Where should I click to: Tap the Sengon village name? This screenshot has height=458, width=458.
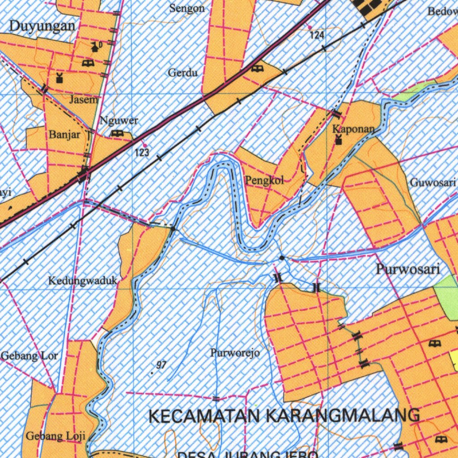point(187,8)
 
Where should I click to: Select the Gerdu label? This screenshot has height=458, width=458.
point(183,72)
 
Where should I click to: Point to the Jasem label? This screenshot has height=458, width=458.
point(83,100)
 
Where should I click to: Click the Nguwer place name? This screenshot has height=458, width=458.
point(119,120)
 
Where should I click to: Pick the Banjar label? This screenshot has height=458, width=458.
point(65,134)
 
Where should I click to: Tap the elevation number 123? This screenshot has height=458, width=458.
point(142,153)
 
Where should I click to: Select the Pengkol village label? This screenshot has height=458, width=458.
point(264,181)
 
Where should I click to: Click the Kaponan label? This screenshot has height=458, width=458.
point(353,129)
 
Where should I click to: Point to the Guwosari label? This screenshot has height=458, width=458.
point(433,182)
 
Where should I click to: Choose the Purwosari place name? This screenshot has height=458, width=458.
point(408,269)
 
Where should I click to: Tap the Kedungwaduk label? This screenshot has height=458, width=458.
point(83,281)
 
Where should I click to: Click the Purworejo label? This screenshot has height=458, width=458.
point(235,353)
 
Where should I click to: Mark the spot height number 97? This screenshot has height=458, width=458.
point(161,365)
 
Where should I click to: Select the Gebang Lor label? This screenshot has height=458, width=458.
point(30,356)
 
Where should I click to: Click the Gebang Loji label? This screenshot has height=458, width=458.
point(55,436)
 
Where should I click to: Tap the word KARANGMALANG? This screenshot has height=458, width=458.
point(343,416)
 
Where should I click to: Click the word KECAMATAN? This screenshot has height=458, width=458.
point(204,416)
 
